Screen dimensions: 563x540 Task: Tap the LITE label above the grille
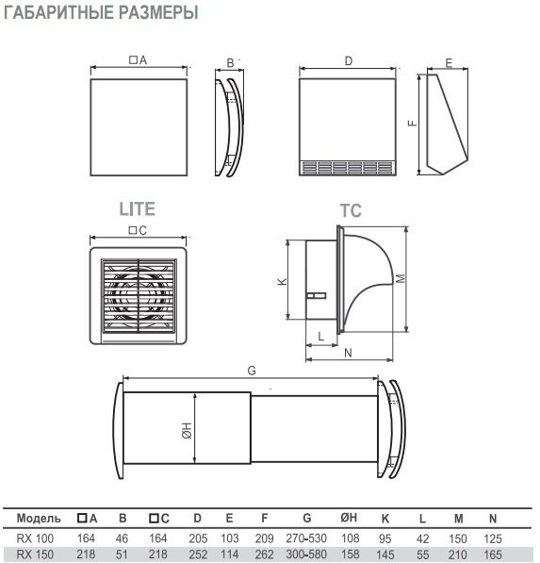pyautogui.click(x=136, y=208)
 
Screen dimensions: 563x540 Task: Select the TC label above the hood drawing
pyautogui.click(x=351, y=212)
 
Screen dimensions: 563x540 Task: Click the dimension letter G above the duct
pyautogui.click(x=252, y=372)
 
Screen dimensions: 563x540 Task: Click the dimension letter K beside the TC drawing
pyautogui.click(x=282, y=282)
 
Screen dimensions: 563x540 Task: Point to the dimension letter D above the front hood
pyautogui.click(x=348, y=61)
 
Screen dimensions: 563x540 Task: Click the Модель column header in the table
pyautogui.click(x=39, y=518)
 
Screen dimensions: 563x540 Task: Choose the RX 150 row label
pyautogui.click(x=35, y=553)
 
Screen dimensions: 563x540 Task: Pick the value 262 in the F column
pyautogui.click(x=264, y=553)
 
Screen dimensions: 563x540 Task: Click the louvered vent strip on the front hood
pyautogui.click(x=348, y=169)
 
